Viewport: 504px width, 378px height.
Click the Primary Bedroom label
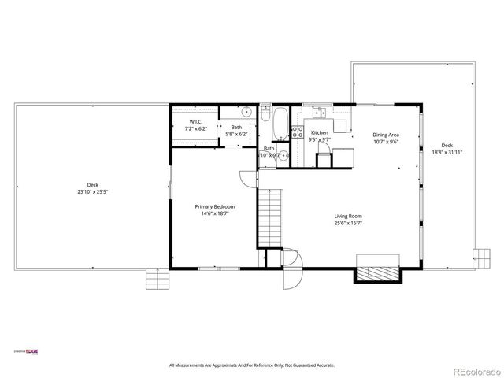point(215,206)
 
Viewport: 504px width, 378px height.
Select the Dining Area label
point(385,135)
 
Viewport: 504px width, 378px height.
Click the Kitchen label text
point(319,133)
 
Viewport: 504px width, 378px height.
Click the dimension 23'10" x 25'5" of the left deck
point(93,191)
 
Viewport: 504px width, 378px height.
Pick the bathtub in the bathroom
point(268,122)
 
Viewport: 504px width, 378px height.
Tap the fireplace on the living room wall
point(380,270)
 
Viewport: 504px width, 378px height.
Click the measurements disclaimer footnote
point(251,365)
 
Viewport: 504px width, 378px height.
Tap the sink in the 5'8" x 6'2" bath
point(246,112)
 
